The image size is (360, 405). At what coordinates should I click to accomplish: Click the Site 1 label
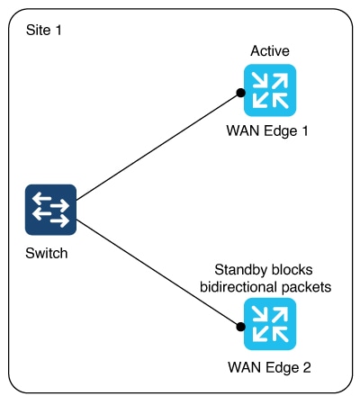pyautogui.click(x=44, y=30)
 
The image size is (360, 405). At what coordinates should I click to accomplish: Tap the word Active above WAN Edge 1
pyautogui.click(x=270, y=50)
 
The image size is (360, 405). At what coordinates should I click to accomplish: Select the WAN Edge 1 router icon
pyautogui.click(x=270, y=90)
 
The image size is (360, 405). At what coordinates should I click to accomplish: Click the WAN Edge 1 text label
pyautogui.click(x=267, y=131)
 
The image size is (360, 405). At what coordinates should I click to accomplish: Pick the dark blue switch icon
pyautogui.click(x=50, y=210)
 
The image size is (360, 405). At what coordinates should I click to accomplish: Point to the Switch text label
pyautogui.click(x=47, y=253)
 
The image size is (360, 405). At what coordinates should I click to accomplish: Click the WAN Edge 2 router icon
pyautogui.click(x=270, y=324)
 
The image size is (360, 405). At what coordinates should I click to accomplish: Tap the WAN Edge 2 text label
pyautogui.click(x=269, y=367)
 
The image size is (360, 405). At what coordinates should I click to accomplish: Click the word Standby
pyautogui.click(x=237, y=270)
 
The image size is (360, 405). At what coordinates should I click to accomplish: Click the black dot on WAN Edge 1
pyautogui.click(x=240, y=93)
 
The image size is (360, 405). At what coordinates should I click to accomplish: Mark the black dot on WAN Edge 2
pyautogui.click(x=240, y=327)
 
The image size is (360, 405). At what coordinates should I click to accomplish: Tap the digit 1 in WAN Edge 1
pyautogui.click(x=304, y=130)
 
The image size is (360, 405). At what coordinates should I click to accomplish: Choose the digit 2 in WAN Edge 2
pyautogui.click(x=307, y=367)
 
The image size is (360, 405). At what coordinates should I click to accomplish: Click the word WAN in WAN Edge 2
pyautogui.click(x=244, y=367)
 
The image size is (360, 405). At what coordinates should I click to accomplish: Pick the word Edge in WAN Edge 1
pyautogui.click(x=281, y=131)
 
